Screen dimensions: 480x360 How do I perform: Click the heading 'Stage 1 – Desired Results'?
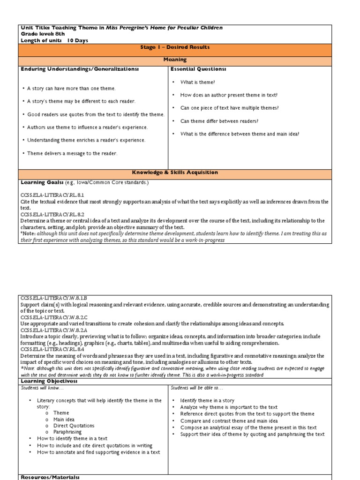175,47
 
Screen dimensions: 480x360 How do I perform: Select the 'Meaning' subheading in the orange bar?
175,60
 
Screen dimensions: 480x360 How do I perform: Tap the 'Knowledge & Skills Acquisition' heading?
175,172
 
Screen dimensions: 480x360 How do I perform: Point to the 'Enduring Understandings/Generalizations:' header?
80,69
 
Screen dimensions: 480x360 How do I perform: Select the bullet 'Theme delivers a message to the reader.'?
72,153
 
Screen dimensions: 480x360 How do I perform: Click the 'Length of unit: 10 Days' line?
54,40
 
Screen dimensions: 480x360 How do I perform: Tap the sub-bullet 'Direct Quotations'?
74,426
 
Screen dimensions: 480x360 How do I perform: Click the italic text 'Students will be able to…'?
197,388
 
